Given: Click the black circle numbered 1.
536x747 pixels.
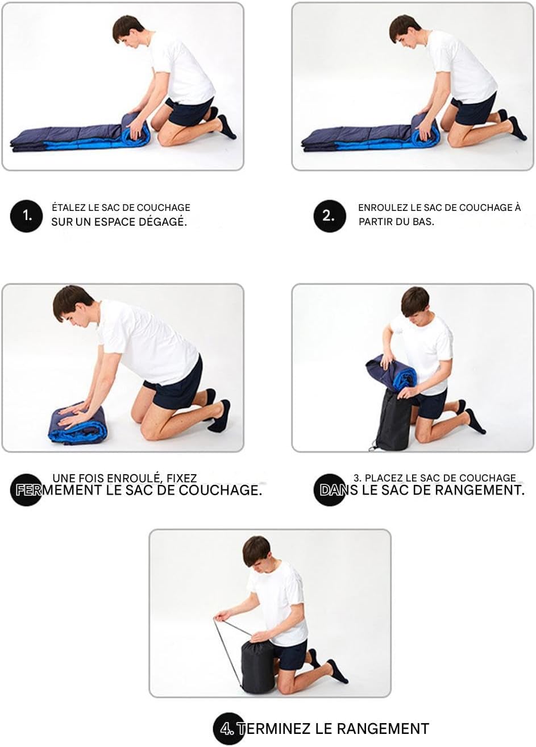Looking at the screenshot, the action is pos(27,216).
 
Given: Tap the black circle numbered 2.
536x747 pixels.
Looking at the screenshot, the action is pos(330,216).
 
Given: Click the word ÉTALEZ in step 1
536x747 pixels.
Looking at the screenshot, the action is pos(68,208).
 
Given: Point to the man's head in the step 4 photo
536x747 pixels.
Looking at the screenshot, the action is pos(256,554).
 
